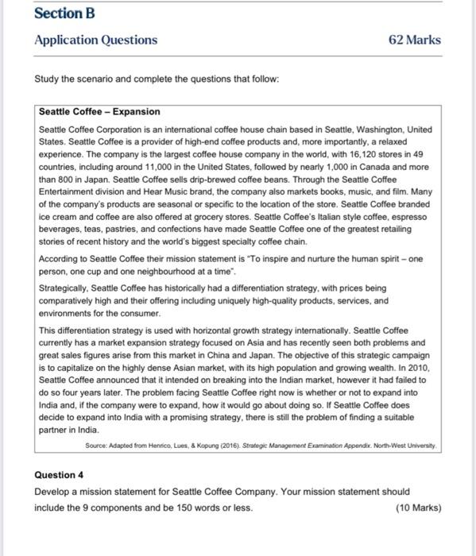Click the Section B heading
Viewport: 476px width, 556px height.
click(60, 14)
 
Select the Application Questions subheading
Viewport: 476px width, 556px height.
click(96, 40)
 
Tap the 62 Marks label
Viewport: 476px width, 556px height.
click(414, 40)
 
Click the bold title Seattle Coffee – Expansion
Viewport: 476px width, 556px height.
click(99, 112)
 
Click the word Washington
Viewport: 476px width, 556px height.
click(364, 129)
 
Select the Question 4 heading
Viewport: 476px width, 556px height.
click(59, 475)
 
